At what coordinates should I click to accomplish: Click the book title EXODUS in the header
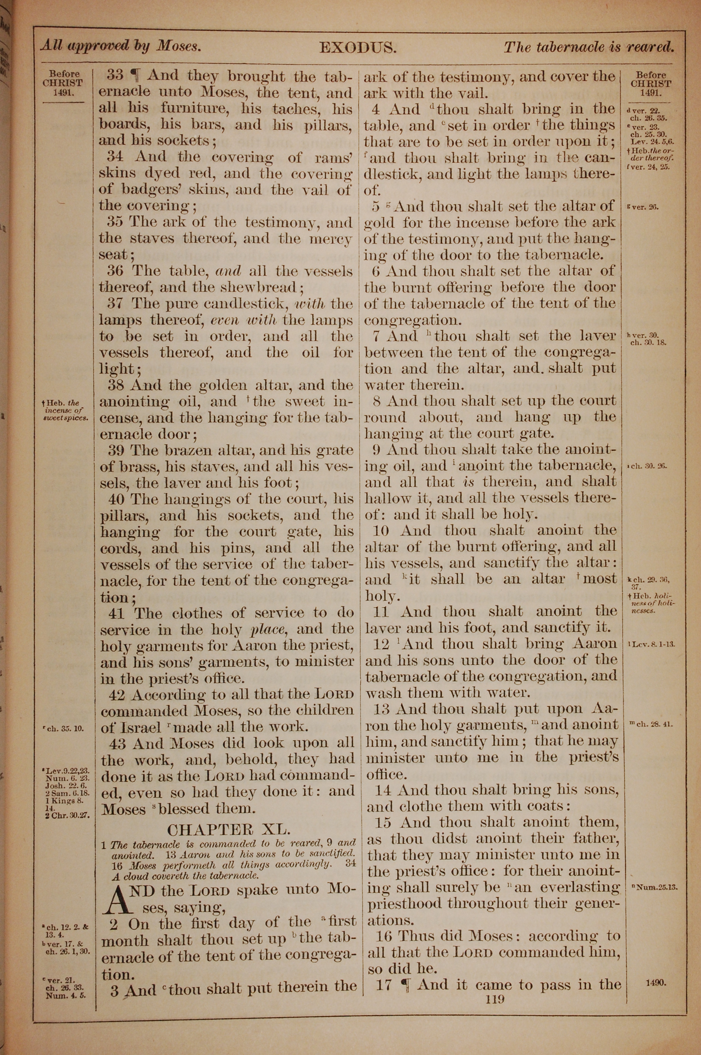[x=358, y=48]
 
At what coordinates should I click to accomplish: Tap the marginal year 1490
[x=656, y=982]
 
